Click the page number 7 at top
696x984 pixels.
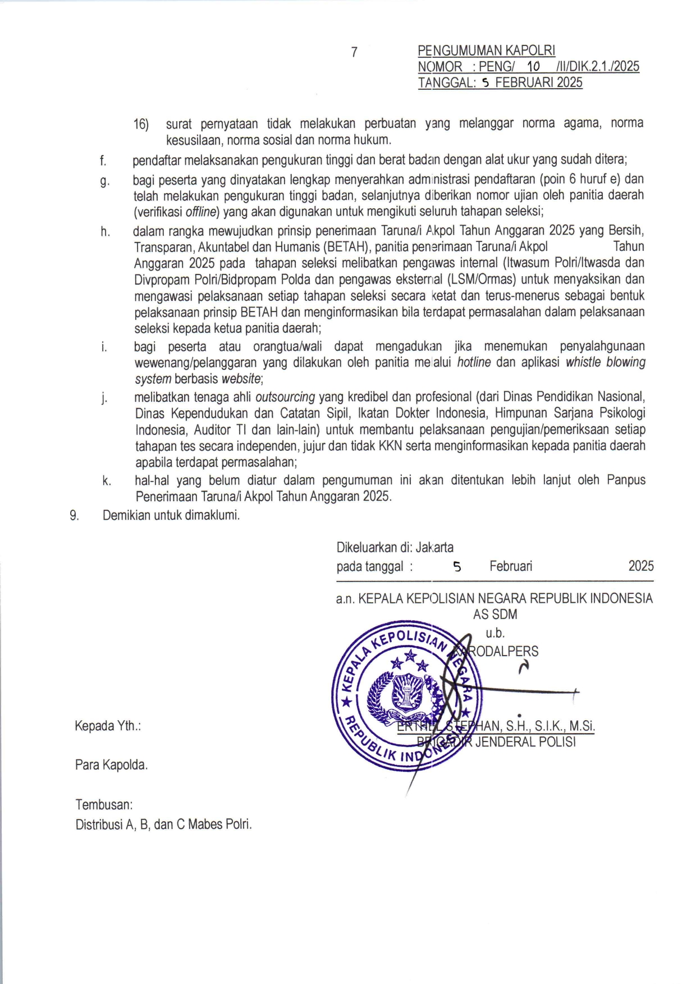point(354,52)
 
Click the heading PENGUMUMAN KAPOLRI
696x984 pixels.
point(486,51)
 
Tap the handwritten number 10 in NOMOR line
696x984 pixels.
point(533,67)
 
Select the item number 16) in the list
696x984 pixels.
point(141,124)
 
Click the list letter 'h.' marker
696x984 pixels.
point(105,231)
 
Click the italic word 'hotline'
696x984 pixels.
point(474,363)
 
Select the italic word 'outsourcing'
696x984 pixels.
point(285,397)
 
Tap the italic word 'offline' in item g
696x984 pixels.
point(201,212)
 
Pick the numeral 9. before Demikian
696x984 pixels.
point(74,515)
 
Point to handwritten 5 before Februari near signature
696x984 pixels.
point(457,567)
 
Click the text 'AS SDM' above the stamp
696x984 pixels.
point(494,615)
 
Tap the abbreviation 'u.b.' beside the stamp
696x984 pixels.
point(495,633)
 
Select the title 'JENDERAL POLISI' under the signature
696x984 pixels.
point(525,742)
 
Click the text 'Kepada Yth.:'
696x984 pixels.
point(108,726)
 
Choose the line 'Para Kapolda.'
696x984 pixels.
point(111,765)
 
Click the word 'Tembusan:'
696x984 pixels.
point(104,804)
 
